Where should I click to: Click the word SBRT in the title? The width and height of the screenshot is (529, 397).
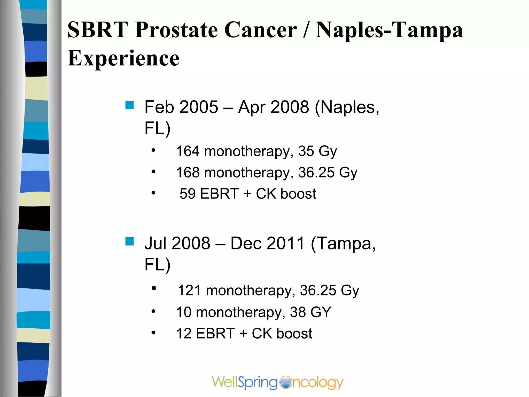[x=98, y=30]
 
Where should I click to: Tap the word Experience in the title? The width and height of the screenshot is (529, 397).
[x=123, y=58]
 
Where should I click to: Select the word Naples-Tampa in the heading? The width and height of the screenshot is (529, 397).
[x=389, y=30]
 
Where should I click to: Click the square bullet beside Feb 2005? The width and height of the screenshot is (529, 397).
[x=129, y=105]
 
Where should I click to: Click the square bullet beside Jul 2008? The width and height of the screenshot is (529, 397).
[x=129, y=241]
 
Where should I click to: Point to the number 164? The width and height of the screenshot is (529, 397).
[x=188, y=151]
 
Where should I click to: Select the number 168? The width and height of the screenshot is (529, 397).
[x=188, y=172]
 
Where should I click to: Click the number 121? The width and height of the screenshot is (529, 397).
[x=189, y=291]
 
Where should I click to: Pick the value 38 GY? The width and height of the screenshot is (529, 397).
[x=310, y=312]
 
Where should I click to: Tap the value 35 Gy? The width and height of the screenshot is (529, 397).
[x=317, y=151]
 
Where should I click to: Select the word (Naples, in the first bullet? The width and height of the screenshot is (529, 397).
[x=347, y=107]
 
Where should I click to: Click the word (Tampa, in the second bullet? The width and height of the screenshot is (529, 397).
[x=343, y=243]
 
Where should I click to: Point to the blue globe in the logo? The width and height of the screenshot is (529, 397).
[x=285, y=382]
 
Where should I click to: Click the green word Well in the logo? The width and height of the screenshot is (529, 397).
[x=224, y=382]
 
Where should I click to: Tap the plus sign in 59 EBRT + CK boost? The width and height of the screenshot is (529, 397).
[x=247, y=194]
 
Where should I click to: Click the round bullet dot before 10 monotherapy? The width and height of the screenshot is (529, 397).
[x=153, y=311]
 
